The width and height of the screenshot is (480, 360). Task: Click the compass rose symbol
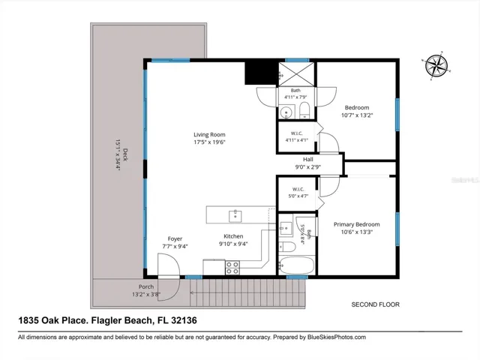[436, 65]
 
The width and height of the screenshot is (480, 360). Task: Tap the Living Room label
[209, 135]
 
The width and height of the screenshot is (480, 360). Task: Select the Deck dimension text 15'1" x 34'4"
[118, 155]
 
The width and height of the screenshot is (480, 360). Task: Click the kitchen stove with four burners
[232, 268]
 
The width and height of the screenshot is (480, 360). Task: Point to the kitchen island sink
[235, 216]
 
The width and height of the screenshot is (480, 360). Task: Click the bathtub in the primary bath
[296, 265]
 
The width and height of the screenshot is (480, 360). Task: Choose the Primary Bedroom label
[357, 224]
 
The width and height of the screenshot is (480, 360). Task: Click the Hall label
[308, 160]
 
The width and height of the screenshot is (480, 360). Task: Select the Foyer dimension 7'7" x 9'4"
[175, 246]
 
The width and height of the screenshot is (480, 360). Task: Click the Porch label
[146, 286]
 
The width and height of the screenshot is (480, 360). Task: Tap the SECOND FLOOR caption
[375, 304]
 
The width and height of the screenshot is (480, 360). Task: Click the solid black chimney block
[261, 72]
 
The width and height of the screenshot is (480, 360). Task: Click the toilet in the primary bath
[286, 247]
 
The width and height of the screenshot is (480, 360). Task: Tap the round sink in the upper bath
[286, 112]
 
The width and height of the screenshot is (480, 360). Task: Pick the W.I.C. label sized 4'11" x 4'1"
[297, 136]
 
